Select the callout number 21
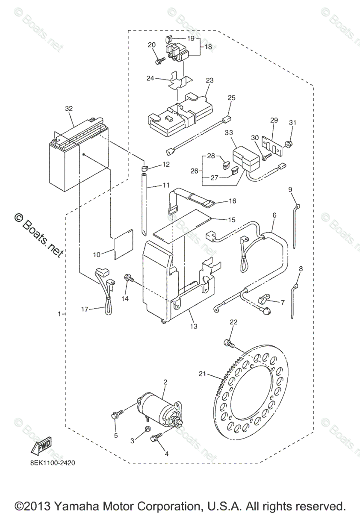tap(202, 375)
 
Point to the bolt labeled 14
tap(128, 278)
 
